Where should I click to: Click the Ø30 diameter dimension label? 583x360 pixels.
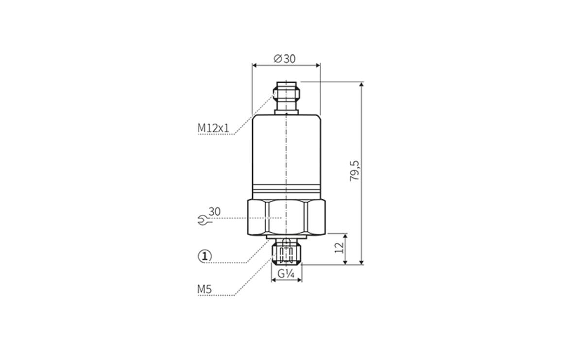point(285,59)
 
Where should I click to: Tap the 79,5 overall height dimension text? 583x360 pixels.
point(355,171)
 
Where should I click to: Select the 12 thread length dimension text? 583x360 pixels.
point(339,248)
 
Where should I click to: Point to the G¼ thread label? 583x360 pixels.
point(286,274)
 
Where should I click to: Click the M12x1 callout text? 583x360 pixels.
point(213,128)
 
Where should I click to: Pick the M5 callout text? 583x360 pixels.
point(205,289)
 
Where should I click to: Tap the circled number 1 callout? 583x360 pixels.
point(205,257)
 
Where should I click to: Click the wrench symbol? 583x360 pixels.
point(205,220)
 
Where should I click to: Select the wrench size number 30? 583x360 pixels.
point(214,212)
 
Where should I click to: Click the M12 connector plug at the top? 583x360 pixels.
point(286,96)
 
